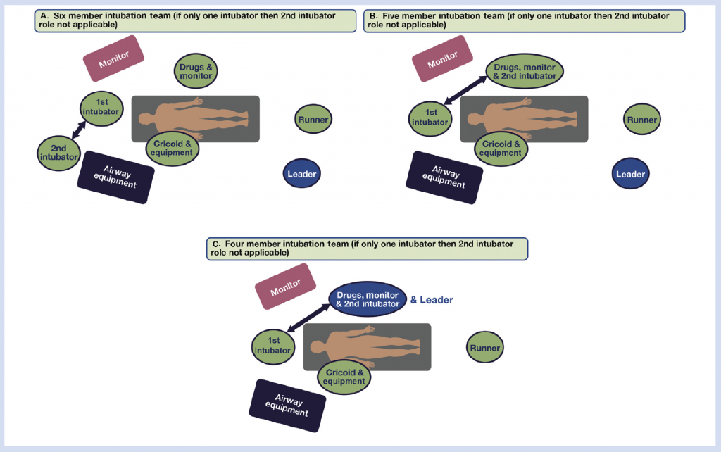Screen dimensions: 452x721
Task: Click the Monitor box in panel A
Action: pyautogui.click(x=113, y=58)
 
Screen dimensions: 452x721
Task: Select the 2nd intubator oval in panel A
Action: pyautogui.click(x=59, y=152)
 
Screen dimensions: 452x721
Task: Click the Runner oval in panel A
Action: pyautogui.click(x=313, y=120)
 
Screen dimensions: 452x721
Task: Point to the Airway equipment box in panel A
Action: pyautogui.click(x=115, y=177)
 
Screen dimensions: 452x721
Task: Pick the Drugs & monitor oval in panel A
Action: pyautogui.click(x=195, y=70)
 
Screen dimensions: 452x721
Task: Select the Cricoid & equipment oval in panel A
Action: pyautogui.click(x=172, y=148)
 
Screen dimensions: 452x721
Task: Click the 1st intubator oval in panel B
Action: pyautogui.click(x=430, y=118)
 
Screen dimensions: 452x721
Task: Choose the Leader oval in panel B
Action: pyautogui.click(x=630, y=174)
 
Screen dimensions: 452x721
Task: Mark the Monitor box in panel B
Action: pyautogui.click(x=441, y=58)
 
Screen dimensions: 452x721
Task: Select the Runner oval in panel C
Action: pyautogui.click(x=485, y=348)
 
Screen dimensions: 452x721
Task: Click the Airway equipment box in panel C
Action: pyautogui.click(x=288, y=406)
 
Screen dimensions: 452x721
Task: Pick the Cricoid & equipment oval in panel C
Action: pyautogui.click(x=344, y=376)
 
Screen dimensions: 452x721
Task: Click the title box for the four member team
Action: pyautogui.click(x=367, y=248)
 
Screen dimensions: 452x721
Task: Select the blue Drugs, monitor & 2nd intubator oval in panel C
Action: pyautogui.click(x=368, y=299)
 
